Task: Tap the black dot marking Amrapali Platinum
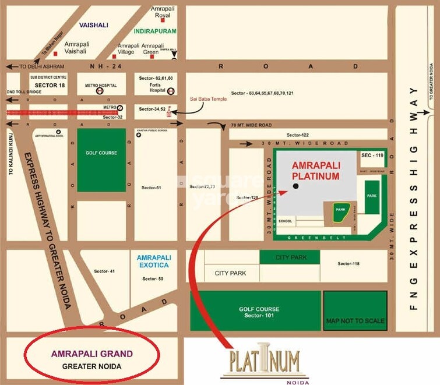click(295, 186)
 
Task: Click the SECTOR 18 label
click(36, 84)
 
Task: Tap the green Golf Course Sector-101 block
click(255, 312)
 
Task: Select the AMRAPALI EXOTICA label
click(153, 261)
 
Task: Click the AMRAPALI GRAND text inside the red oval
click(92, 354)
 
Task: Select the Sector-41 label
click(104, 271)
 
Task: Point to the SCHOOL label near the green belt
click(286, 221)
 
